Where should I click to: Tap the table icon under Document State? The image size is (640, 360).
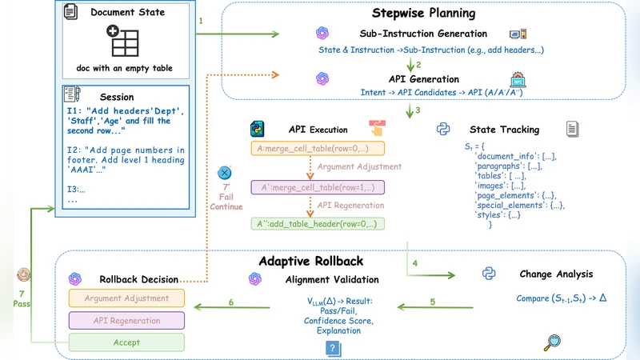coord(124,41)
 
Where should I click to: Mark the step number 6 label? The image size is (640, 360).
coord(231,302)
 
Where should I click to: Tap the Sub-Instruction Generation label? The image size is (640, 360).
coord(423,34)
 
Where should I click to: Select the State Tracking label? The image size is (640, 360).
coord(504,129)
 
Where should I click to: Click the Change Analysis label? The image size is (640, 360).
coord(556,274)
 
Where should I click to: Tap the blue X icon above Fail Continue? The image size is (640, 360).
coord(226,173)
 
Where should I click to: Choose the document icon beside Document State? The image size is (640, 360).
coord(70,12)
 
